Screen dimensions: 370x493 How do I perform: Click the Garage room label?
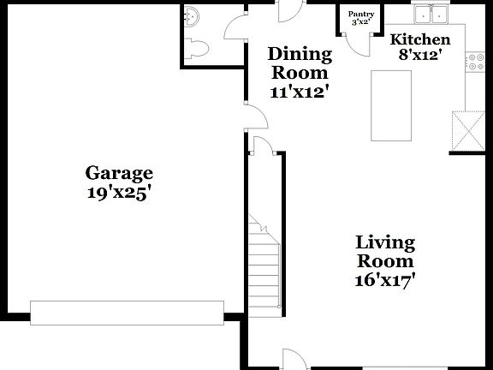(x=119, y=173)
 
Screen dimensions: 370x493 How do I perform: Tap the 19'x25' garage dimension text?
(x=119, y=193)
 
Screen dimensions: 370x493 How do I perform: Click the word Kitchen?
(x=419, y=39)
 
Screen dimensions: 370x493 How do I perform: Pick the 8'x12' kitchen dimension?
(x=419, y=56)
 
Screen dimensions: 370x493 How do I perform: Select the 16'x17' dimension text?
(x=385, y=279)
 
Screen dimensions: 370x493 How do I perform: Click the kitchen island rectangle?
(x=390, y=105)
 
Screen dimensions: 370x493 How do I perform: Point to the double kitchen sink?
(x=430, y=15)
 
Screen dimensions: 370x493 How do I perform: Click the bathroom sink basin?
(x=192, y=15)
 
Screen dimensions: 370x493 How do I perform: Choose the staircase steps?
(x=264, y=266)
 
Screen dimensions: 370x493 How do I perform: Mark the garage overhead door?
(x=127, y=311)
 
